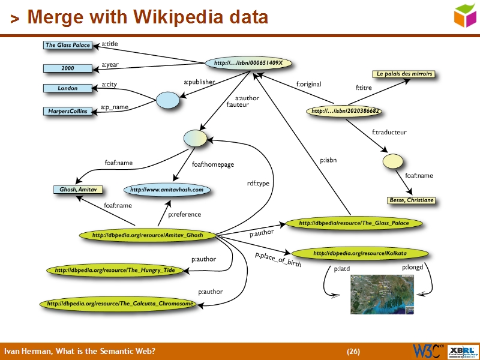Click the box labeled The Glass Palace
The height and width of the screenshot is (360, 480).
pyautogui.click(x=67, y=45)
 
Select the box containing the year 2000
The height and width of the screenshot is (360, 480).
pyautogui.click(x=67, y=68)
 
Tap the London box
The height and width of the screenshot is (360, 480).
pyautogui.click(x=67, y=88)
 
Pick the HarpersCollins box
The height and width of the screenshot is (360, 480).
pyautogui.click(x=67, y=111)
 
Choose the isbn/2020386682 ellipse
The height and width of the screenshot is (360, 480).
pyautogui.click(x=346, y=111)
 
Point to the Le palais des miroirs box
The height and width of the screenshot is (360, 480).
pyautogui.click(x=404, y=74)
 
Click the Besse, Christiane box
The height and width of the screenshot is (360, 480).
pyautogui.click(x=411, y=200)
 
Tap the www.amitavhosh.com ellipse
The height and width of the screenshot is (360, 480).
pyautogui.click(x=167, y=190)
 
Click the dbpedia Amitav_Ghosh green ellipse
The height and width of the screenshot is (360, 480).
pyautogui.click(x=147, y=236)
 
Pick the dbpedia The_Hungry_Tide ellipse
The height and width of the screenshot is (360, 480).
pyautogui.click(x=114, y=271)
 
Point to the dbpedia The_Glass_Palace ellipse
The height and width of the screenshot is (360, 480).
pyautogui.click(x=353, y=223)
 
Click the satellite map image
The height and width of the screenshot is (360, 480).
pyautogui.click(x=382, y=295)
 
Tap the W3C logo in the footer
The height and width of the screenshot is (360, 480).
pyautogui.click(x=427, y=350)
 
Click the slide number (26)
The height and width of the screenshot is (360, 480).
pyautogui.click(x=353, y=351)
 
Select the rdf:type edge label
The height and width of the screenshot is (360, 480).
pyautogui.click(x=259, y=184)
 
